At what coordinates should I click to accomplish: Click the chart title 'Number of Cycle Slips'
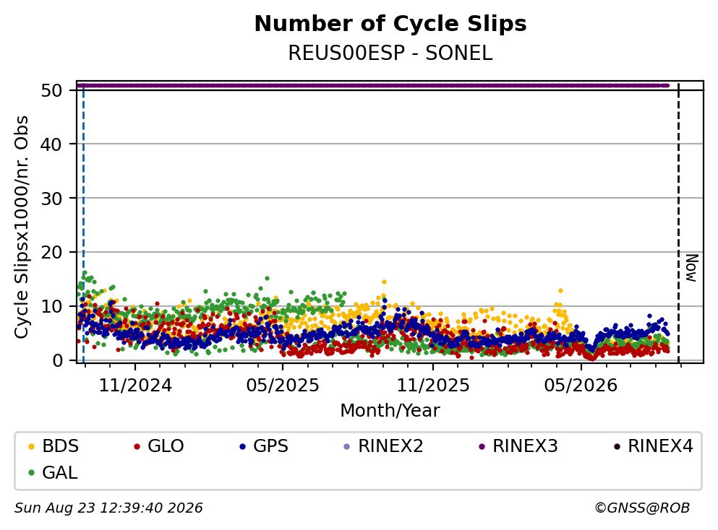[390, 24]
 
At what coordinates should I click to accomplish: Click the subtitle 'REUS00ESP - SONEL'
[390, 53]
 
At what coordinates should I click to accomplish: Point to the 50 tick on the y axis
[52, 90]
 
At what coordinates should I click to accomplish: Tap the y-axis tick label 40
[52, 144]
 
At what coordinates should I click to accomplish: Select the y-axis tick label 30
[52, 198]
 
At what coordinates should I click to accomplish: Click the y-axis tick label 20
[52, 252]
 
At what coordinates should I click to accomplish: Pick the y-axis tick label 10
[52, 306]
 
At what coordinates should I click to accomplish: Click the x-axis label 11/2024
[135, 385]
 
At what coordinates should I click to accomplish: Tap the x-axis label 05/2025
[283, 385]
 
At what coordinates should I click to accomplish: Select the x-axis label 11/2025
[432, 385]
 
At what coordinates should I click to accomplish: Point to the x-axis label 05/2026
[581, 385]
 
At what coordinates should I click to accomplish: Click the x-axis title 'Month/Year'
[390, 410]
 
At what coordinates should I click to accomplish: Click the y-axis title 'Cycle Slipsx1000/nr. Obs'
[21, 227]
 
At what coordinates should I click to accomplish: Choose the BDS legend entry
[54, 446]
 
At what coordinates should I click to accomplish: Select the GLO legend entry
[158, 446]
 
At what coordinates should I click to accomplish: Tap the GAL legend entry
[53, 472]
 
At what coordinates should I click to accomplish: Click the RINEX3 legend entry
[518, 446]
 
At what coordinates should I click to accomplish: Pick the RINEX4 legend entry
[654, 446]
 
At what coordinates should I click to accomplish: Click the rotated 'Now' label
[691, 268]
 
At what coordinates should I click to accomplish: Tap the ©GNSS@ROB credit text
[642, 508]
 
